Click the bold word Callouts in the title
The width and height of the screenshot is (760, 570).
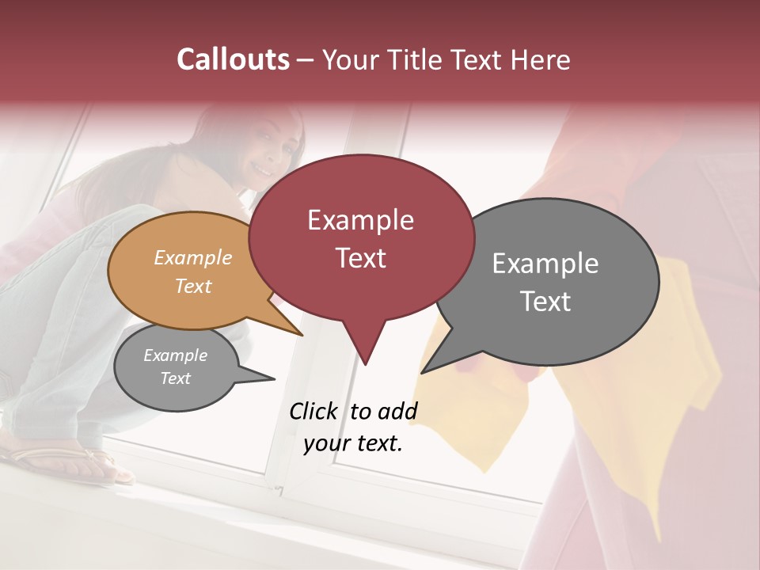point(233,59)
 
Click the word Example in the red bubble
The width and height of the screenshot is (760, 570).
point(360,220)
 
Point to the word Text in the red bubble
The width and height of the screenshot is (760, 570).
point(360,258)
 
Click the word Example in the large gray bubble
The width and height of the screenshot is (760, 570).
point(545,264)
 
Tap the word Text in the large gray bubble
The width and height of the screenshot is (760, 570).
point(545,302)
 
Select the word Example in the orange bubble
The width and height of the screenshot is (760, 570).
point(192,257)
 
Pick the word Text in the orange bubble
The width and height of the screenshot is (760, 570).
point(192,286)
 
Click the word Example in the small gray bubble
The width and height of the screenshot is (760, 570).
point(175,355)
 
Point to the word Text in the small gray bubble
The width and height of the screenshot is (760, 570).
point(175,378)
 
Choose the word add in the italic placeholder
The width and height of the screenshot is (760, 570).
point(397,412)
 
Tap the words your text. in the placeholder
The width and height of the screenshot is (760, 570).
point(352,443)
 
